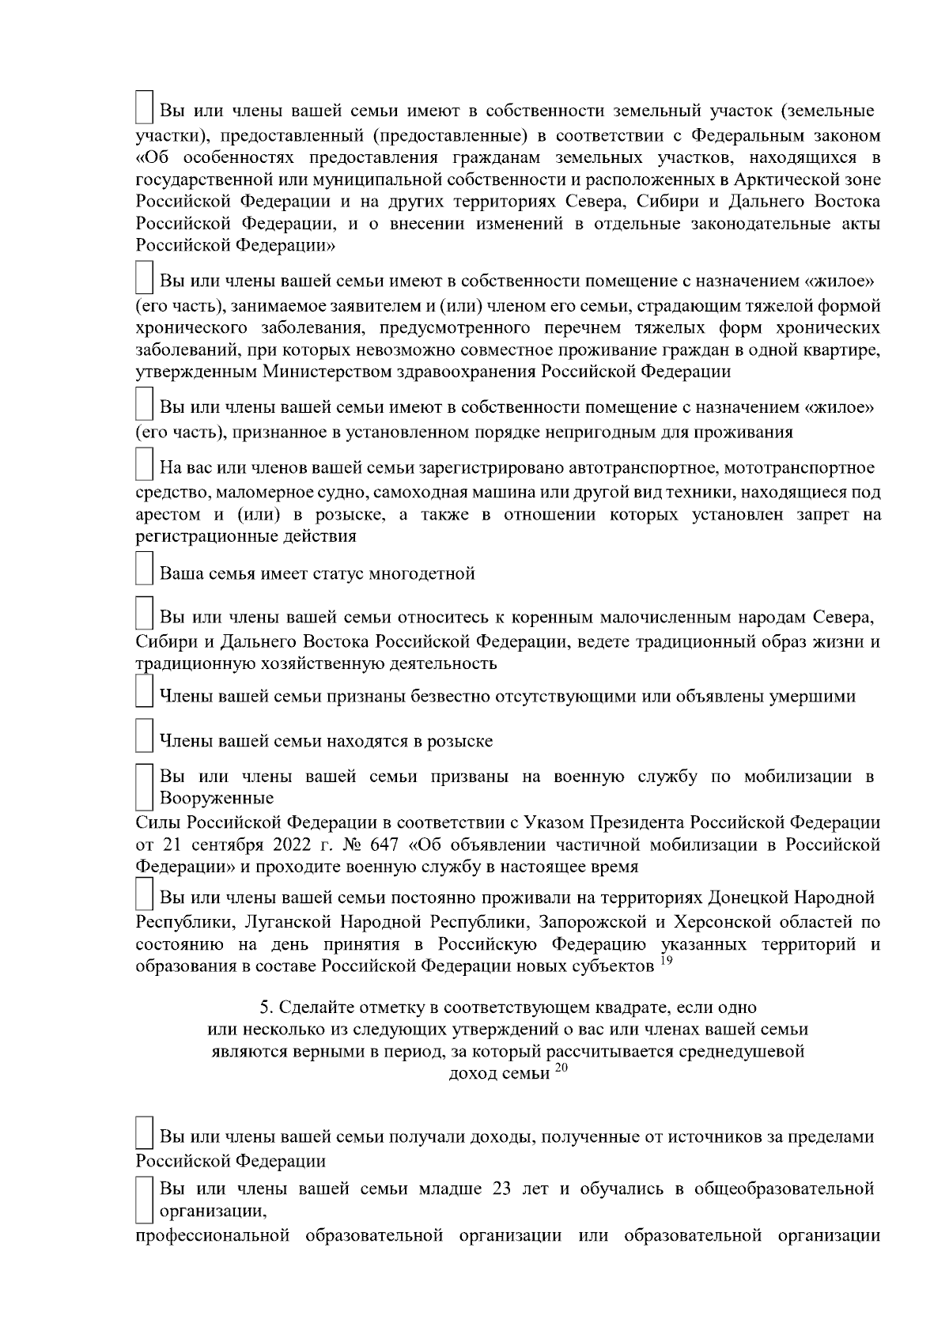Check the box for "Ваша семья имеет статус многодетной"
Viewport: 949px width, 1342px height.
(x=144, y=569)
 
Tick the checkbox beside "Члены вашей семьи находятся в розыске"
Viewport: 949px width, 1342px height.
(x=144, y=736)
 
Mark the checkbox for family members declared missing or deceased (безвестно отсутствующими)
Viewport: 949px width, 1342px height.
(x=144, y=692)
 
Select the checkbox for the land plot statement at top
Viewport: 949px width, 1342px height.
(x=144, y=106)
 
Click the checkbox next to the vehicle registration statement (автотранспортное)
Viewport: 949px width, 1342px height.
(x=144, y=463)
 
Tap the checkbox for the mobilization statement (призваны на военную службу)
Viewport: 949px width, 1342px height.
(x=144, y=785)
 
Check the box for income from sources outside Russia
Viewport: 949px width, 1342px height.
(x=144, y=1132)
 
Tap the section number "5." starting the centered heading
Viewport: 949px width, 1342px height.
(x=267, y=1008)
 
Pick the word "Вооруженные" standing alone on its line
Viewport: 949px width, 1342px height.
(x=217, y=798)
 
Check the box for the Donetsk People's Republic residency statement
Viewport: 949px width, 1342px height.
(x=144, y=894)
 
